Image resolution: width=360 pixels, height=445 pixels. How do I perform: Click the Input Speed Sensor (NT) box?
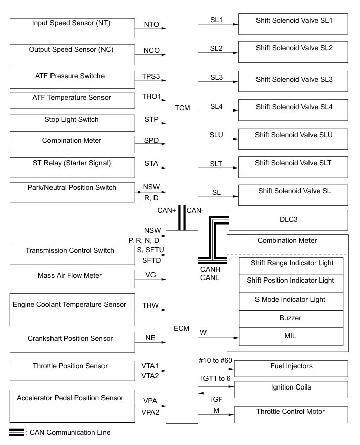[72, 28]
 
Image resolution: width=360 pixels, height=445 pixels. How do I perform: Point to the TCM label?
[182, 108]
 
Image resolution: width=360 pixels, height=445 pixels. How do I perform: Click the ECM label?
[181, 328]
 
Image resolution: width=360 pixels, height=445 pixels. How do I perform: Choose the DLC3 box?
[288, 219]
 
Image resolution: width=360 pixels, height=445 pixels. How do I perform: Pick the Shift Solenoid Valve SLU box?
[293, 138]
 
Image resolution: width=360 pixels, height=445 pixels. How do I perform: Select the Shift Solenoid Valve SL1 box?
[293, 24]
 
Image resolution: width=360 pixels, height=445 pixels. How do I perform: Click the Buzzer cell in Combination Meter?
[290, 319]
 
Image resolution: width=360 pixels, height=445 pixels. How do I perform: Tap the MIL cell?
[290, 336]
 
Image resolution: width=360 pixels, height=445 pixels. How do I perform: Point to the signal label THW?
[150, 306]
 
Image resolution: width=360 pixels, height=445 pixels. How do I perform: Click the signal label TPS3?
[151, 76]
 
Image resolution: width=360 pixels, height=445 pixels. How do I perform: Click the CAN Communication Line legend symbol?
[16, 432]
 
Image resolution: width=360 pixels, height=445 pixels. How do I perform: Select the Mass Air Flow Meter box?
[72, 279]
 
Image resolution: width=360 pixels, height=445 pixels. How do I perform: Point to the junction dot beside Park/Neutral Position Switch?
[139, 192]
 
